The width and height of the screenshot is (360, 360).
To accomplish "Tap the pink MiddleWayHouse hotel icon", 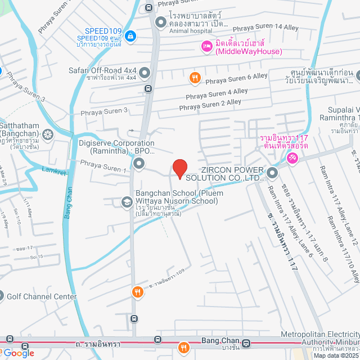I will click(206, 46).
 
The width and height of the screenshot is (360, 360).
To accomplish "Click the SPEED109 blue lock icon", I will click(130, 35).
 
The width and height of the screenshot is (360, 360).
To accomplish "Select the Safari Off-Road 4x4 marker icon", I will click(145, 73).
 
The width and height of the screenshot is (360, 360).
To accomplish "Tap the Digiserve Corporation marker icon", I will click(139, 164).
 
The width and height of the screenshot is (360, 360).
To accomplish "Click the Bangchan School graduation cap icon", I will click(127, 201).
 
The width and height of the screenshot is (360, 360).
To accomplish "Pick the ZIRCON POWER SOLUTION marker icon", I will click(272, 173).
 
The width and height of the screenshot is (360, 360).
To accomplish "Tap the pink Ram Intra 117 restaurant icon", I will click(292, 159).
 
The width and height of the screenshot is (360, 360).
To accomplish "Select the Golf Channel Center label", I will click(41, 296).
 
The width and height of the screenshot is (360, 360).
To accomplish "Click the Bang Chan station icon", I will click(246, 343).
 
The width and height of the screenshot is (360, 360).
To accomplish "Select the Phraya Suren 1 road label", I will click(103, 166).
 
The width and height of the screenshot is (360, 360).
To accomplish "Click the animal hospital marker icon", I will click(161, 22).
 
